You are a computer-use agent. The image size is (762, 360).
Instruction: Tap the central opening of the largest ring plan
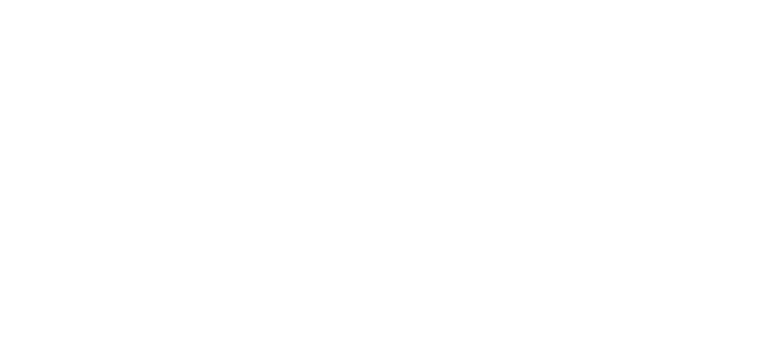499,228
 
